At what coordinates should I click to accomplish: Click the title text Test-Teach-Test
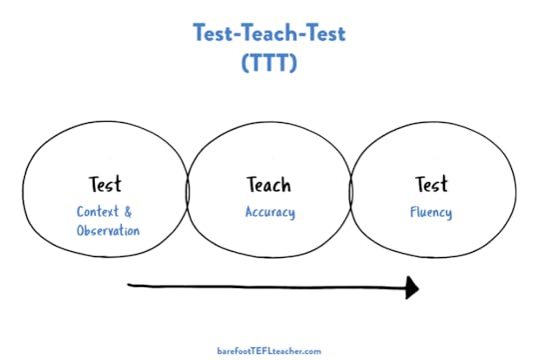269,32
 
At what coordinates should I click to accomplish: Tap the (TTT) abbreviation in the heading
269,62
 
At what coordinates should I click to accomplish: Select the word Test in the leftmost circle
104,185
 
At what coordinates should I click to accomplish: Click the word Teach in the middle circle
269,185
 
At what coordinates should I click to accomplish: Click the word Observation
108,231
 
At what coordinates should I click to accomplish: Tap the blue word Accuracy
269,212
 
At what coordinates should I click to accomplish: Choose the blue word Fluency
431,212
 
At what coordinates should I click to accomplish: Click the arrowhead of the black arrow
411,288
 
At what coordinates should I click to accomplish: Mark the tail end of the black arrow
131,287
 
